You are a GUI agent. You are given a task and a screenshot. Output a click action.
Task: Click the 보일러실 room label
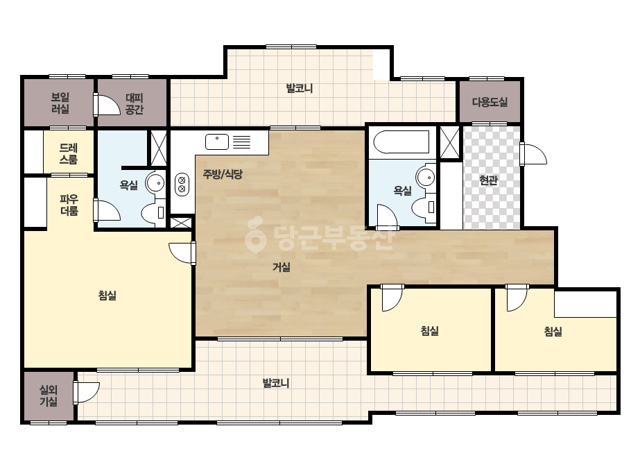coord(60,103)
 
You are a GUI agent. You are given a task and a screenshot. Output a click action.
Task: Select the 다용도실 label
coord(490,102)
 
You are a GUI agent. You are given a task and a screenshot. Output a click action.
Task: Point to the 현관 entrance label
coord(489,180)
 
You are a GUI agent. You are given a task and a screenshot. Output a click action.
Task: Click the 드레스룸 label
coord(69,153)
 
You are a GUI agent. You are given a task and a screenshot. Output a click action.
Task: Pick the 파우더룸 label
coord(69,205)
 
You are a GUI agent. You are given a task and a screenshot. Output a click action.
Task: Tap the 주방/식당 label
coord(223,174)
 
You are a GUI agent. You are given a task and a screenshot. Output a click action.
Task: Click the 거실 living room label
coord(282,267)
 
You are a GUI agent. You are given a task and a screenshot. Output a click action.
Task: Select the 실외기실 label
coord(48,396)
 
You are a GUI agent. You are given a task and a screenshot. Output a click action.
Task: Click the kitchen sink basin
coord(217,142)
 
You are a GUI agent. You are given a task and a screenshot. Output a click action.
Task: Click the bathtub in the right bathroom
coord(401,142)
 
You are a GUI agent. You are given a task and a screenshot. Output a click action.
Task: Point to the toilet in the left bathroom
coord(153,212)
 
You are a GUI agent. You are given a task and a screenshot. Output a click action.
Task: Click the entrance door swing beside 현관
coord(534,154)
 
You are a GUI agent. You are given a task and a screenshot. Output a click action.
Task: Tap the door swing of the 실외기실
coord(87,393)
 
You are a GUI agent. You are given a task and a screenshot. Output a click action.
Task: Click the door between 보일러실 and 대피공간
coord(107,105)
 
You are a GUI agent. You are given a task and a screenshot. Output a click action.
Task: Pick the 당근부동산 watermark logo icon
coord(255,235)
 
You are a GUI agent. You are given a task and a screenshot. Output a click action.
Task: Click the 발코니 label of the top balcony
coord(299,88)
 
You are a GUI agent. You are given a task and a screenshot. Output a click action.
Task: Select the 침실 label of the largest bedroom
coord(107,295)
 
